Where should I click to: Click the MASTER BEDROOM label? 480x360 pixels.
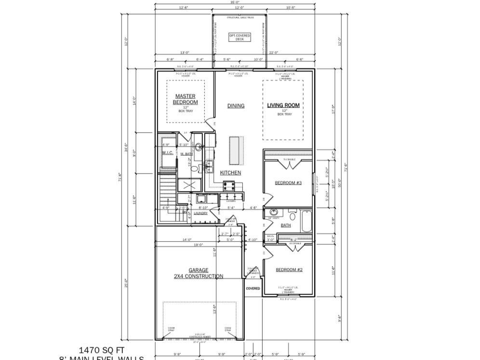(x=186, y=99)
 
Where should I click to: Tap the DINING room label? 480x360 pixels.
(x=236, y=106)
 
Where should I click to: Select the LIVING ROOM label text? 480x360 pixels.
(x=283, y=105)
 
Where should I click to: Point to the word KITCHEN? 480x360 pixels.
(x=230, y=173)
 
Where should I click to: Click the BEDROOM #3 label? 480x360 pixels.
(x=288, y=183)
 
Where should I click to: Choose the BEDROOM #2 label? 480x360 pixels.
(x=289, y=270)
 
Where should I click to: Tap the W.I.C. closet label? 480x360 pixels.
(x=167, y=153)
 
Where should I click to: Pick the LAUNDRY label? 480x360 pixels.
(x=200, y=213)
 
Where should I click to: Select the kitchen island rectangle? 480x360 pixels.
(x=235, y=150)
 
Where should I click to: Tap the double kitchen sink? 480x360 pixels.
(x=210, y=166)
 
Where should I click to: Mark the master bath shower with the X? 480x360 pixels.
(x=187, y=185)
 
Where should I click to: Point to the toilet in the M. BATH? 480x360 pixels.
(x=194, y=169)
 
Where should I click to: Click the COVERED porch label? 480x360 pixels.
(x=253, y=289)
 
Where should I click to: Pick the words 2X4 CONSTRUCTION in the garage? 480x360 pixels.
(x=199, y=277)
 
